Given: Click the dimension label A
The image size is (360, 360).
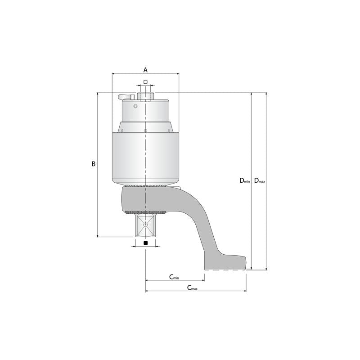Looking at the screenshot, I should click(145, 70).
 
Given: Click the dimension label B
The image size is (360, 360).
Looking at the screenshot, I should click(93, 164).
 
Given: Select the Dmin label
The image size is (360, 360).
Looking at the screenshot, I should click(244, 181).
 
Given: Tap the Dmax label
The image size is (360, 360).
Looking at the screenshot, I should click(259, 181).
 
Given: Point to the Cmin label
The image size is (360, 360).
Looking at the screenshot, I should click(174, 276).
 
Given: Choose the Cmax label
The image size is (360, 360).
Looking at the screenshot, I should click(192, 288).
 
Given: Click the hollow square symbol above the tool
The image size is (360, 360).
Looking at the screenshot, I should click(145, 81).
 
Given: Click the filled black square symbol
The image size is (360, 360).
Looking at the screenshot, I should click(145, 243).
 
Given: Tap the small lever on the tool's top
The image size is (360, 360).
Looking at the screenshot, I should click(125, 96).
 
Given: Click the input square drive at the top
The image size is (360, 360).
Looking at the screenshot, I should click(145, 96).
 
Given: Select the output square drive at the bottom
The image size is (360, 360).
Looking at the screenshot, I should click(145, 225).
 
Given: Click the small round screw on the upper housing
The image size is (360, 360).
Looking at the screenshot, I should click(135, 107).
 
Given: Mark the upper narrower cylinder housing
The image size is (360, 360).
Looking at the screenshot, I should click(145, 112).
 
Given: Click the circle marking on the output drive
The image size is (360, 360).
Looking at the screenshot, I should click(145, 225).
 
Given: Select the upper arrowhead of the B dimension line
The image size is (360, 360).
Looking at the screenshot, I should click(98, 94).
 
